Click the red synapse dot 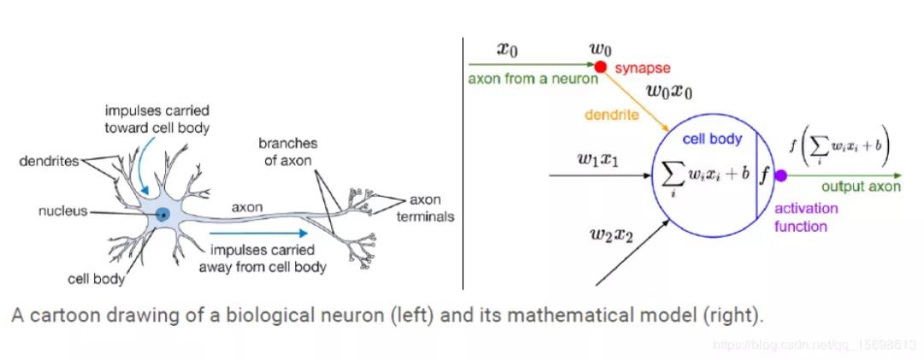pos(601,67)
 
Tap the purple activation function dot pos(780,175)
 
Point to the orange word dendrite pos(611,115)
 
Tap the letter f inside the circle pos(764,175)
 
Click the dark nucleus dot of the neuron pos(163,215)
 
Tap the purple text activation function pos(806,218)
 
